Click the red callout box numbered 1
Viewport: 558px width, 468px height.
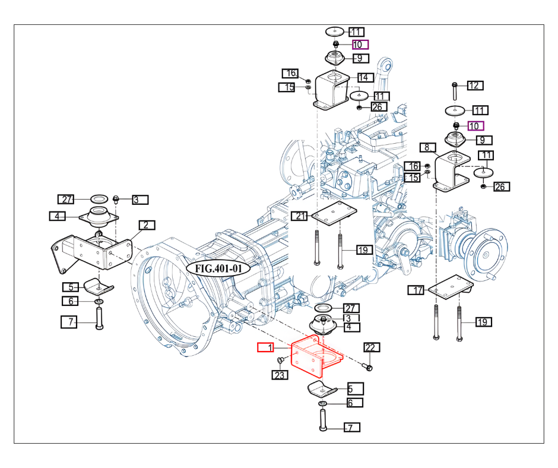click(x=265, y=347)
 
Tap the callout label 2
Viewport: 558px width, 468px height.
click(x=147, y=225)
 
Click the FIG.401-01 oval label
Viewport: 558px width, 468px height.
click(x=218, y=268)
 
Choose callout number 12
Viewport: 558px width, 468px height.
click(x=475, y=86)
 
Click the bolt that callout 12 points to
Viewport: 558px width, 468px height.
click(x=455, y=91)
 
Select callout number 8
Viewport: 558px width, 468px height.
click(x=427, y=147)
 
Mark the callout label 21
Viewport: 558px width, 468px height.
click(x=299, y=216)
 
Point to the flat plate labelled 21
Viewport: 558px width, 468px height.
click(x=334, y=213)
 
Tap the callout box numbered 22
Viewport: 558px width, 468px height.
click(x=372, y=347)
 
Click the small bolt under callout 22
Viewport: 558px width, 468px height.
click(x=367, y=366)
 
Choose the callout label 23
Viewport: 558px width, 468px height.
click(x=280, y=375)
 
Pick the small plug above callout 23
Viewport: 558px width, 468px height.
click(x=280, y=361)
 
